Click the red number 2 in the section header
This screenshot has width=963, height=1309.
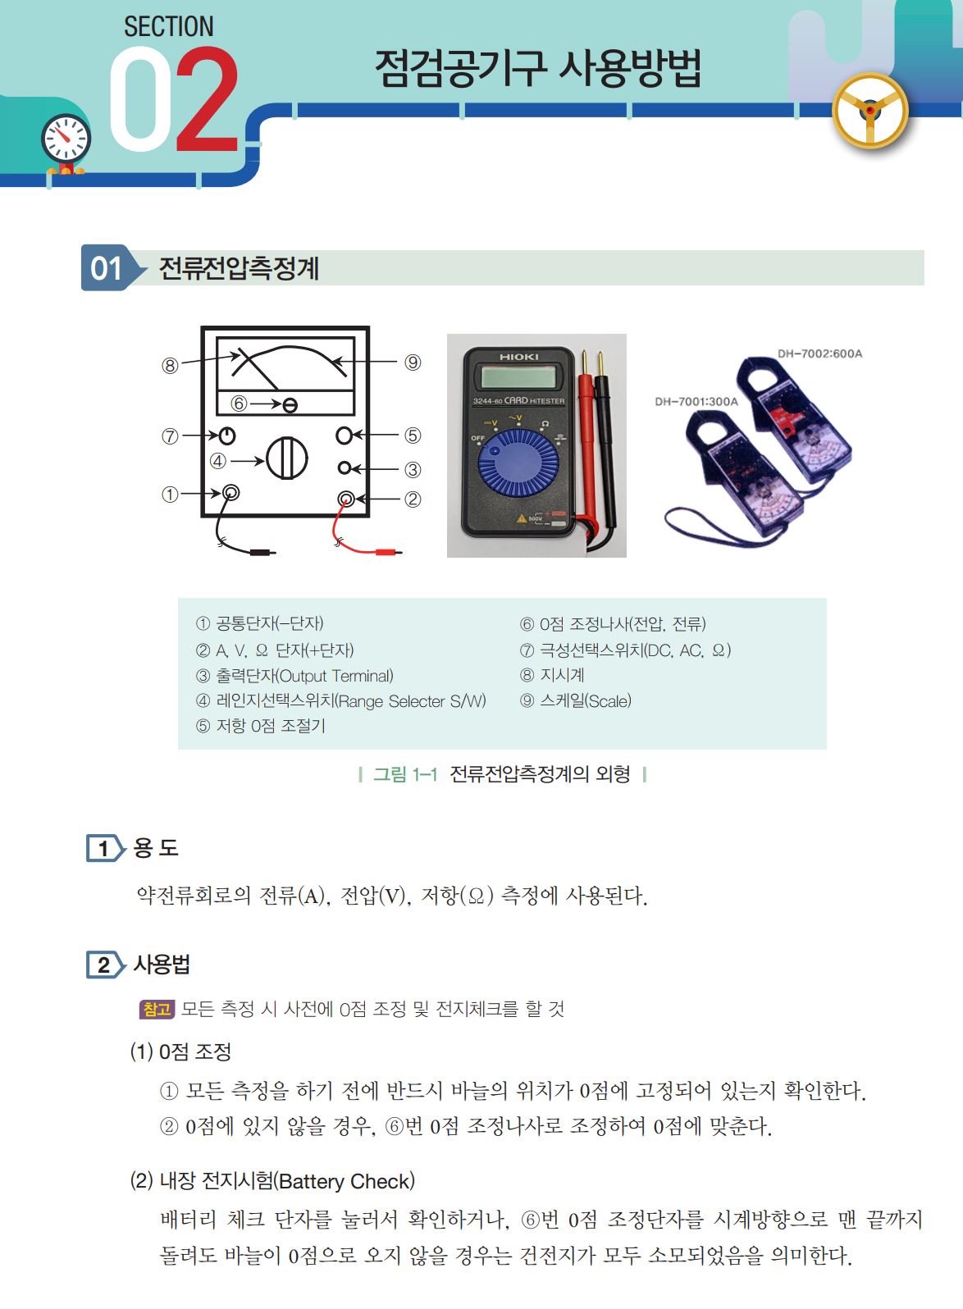pos(208,99)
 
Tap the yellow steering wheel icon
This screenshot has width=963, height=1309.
pos(870,111)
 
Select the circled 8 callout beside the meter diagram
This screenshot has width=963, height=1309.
pos(170,366)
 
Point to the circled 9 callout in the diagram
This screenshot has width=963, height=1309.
pos(413,363)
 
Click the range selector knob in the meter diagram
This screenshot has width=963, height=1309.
pos(286,458)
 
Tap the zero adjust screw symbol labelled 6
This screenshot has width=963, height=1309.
pos(290,405)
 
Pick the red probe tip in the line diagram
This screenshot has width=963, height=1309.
pos(387,552)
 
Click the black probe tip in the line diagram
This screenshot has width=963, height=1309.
pos(262,552)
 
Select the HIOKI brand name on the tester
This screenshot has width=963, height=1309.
pos(519,357)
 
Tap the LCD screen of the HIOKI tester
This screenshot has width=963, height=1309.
pos(518,376)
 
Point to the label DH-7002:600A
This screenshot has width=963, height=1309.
pos(819,353)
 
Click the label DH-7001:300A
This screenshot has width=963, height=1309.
pos(696,401)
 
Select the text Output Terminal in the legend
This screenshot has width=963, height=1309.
pos(335,676)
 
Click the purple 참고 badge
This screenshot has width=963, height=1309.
pos(157,1009)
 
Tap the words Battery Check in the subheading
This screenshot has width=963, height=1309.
pos(345,1181)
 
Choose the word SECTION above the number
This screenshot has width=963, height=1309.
pos(169,27)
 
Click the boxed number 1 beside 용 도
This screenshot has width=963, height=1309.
pos(105,849)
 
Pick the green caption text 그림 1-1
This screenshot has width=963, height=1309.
pos(405,774)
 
